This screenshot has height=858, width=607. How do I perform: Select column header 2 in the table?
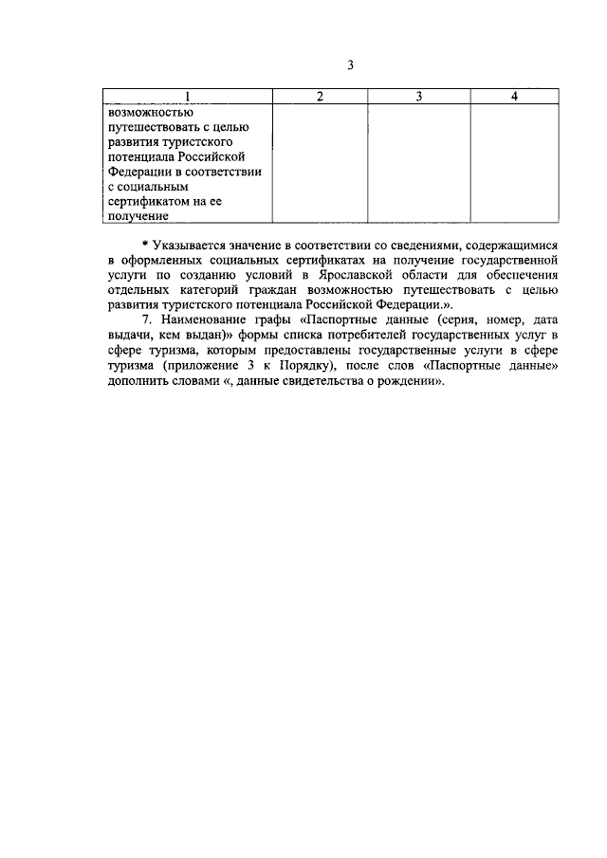click(x=319, y=97)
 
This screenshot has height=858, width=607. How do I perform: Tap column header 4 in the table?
click(x=513, y=97)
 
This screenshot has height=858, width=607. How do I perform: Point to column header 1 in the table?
click(x=187, y=97)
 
